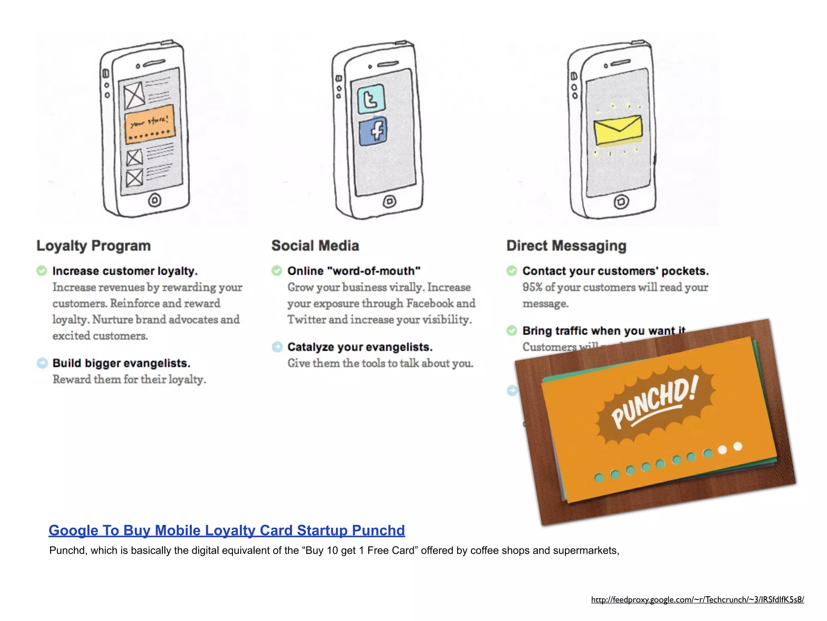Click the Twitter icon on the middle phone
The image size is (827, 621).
coord(371,99)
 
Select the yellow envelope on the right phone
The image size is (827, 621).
coord(618,129)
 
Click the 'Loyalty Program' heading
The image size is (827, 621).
coord(93,245)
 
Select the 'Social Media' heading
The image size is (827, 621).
coord(315,245)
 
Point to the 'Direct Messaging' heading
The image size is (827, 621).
coord(566,245)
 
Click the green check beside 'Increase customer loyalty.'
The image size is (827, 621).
coord(42,270)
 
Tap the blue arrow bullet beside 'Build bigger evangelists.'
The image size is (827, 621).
coord(42,363)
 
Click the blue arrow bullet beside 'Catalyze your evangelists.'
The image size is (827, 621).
coord(277,346)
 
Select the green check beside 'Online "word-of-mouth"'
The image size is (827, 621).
coord(277,270)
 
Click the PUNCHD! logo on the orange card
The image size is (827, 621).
coord(654,404)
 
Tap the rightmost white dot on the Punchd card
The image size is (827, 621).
coord(738,446)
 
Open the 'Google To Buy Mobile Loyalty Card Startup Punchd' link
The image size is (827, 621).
coord(227,530)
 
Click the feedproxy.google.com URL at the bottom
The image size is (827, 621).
coord(697,600)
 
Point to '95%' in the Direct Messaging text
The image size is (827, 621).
coord(532,287)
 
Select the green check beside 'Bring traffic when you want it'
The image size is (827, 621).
coord(512,330)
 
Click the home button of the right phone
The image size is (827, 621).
coord(621,201)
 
